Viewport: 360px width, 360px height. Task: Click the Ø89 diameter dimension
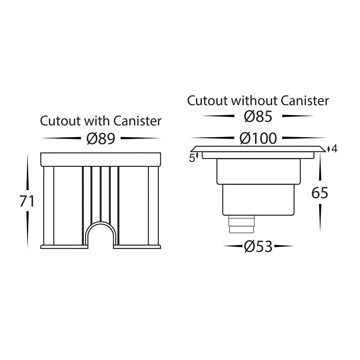100,138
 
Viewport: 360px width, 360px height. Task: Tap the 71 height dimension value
27,201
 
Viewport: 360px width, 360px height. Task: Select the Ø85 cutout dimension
258,116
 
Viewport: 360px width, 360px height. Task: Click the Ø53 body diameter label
258,247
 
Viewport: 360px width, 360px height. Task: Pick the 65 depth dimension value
320,193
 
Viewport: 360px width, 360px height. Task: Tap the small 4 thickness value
334,149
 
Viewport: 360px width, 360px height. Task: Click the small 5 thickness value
192,157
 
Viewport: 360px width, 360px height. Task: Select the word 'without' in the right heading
254,100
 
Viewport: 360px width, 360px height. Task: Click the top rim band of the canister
100,159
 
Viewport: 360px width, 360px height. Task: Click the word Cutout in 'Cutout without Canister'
207,100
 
